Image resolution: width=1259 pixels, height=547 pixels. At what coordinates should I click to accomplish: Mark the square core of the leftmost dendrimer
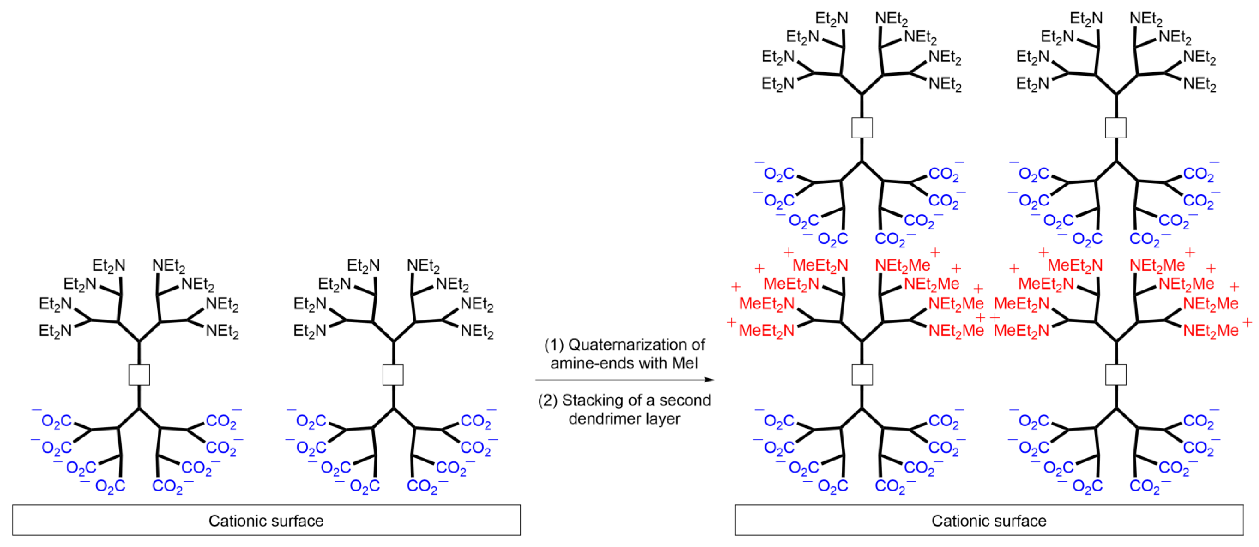pos(139,375)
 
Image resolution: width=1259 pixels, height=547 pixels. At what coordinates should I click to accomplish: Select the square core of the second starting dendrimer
pos(393,375)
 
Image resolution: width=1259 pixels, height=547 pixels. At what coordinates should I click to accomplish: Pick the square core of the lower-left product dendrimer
pos(862,375)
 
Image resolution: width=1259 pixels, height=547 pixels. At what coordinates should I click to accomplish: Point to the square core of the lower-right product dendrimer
pos(1116,375)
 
